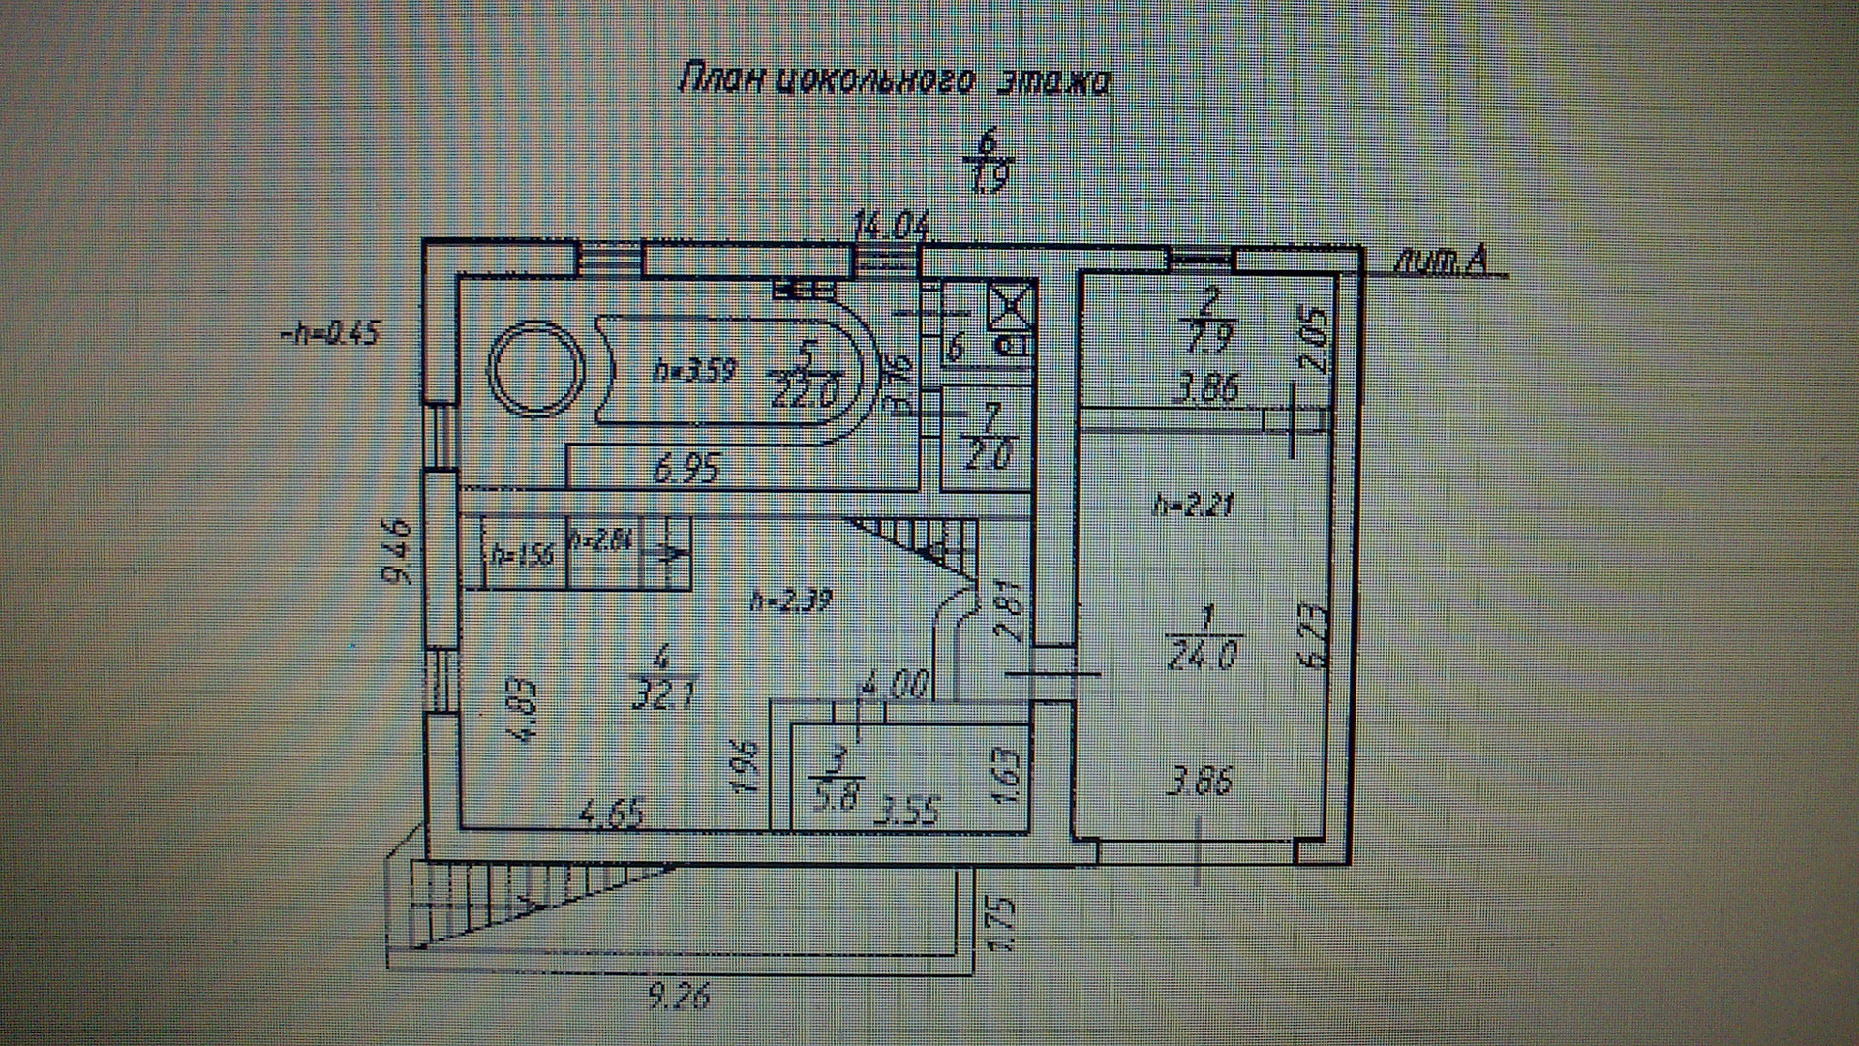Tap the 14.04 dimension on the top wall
coord(891,229)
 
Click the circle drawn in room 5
coord(537,368)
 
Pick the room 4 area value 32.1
coord(663,693)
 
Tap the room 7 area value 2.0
coord(988,452)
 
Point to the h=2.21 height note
coord(1195,505)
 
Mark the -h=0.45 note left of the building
coord(329,334)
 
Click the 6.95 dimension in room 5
coord(688,471)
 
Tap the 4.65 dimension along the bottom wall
coord(610,814)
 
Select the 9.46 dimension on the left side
coord(398,552)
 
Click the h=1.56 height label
coord(523,555)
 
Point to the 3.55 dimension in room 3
coord(907,810)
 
